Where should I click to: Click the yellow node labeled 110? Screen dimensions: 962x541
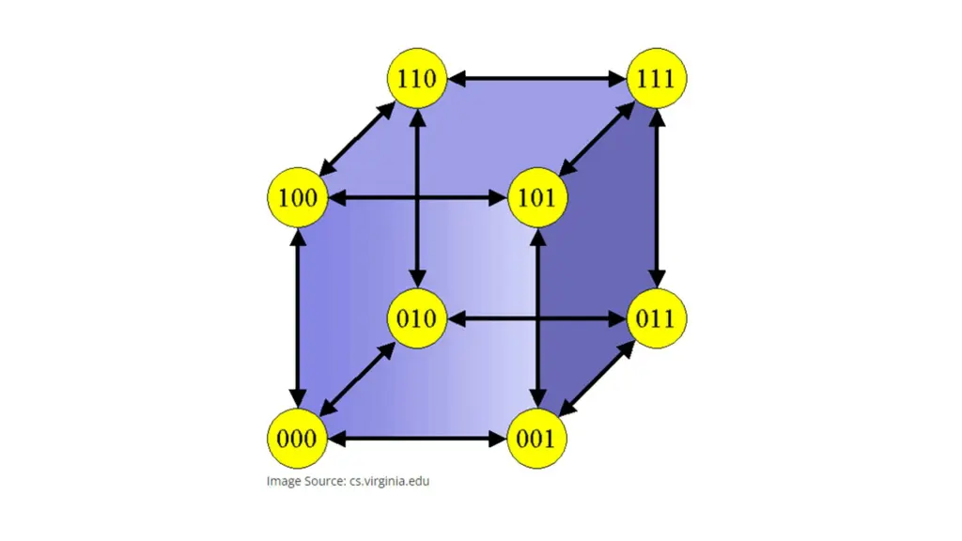[417, 78]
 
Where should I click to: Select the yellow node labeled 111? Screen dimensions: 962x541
[657, 78]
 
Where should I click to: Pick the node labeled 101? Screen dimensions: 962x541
[537, 198]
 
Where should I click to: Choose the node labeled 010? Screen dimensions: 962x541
[417, 318]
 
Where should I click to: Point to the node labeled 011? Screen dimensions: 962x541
[657, 318]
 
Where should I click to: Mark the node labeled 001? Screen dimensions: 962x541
[537, 439]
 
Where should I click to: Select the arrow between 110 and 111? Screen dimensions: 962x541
[536, 78]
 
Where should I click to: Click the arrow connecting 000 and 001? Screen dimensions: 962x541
[417, 439]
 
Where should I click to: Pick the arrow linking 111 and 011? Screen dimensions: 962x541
[657, 198]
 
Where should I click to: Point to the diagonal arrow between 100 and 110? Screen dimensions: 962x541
[357, 138]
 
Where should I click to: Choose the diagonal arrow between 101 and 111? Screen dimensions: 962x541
[597, 138]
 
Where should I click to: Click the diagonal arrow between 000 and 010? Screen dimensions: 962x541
[357, 379]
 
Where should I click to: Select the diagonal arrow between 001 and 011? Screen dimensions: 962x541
[597, 379]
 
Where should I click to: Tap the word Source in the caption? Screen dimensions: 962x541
[324, 482]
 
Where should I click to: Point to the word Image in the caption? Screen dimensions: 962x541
[283, 482]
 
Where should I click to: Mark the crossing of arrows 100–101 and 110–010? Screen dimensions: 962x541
[417, 198]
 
